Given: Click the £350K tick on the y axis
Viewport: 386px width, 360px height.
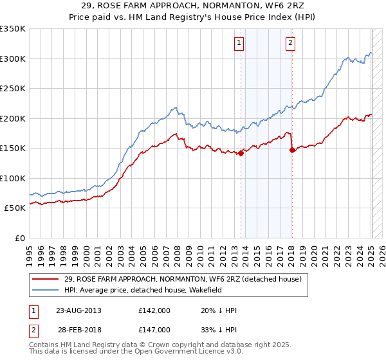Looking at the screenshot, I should point(13,29).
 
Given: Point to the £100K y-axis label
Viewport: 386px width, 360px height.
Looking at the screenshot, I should point(13,178).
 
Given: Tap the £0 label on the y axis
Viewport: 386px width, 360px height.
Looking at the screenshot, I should point(19,238).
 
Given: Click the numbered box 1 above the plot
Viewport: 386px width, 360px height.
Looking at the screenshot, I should point(239,43).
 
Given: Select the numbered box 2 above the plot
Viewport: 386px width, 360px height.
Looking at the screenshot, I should point(290,43).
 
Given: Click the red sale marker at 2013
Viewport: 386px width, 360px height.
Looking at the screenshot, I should point(241,153).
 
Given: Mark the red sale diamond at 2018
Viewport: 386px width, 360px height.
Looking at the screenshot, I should point(292,150).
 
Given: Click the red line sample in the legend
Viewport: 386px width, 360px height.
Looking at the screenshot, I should point(46,278).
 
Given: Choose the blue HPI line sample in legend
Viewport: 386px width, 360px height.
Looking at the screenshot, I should point(46,289).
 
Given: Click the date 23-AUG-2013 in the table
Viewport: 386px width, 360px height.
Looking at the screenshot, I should point(78,310).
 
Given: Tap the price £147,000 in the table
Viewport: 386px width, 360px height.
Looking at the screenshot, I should point(154,329).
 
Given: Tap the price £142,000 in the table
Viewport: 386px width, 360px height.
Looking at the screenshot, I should point(154,310).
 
